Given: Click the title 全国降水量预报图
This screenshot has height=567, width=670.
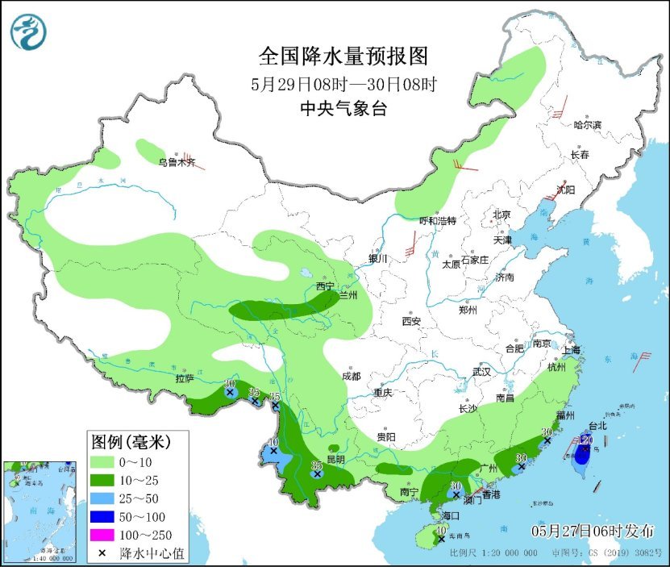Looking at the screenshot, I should pos(342,56).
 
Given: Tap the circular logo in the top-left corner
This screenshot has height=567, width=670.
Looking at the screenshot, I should pos(29,32).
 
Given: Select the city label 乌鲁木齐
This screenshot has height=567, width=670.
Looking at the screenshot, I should pos(177,162).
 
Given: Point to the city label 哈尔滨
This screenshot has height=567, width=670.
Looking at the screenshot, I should pos(588,124).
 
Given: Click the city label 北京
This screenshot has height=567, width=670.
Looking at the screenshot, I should pos(502,215).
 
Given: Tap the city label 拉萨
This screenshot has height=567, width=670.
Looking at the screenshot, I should pos(185,377).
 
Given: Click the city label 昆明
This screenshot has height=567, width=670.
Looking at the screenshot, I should pos(335,459).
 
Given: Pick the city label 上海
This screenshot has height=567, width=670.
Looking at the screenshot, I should pos(572,350).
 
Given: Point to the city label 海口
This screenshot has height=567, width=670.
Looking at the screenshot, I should pos(450,515).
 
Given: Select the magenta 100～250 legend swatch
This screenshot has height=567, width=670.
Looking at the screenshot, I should pos(103,535).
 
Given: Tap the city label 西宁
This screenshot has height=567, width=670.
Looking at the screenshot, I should pos(325,286).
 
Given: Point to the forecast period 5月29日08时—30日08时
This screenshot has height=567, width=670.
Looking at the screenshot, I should pos(343,83).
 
